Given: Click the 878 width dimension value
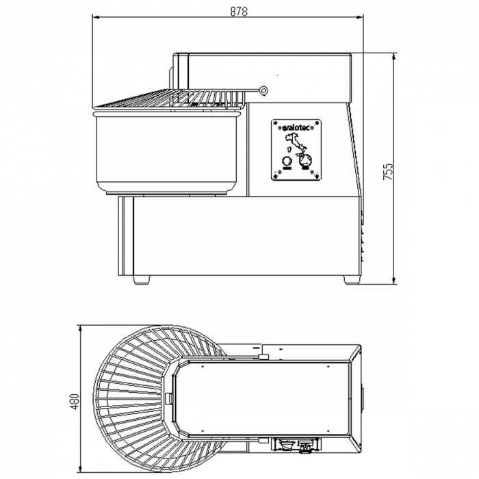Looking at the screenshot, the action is (239, 12).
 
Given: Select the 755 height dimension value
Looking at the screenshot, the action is (387, 171).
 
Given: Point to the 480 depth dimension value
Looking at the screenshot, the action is (75, 401).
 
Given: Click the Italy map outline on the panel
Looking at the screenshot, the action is (295, 144).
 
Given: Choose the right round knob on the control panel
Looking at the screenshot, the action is (305, 160).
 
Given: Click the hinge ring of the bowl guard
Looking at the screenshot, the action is (263, 90).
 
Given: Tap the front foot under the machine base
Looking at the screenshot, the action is (142, 280).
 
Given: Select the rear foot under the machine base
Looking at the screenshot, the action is (351, 280).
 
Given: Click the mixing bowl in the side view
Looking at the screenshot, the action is (168, 153).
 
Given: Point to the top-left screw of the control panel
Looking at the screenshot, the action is (275, 123).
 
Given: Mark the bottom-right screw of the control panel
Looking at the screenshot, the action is (317, 177).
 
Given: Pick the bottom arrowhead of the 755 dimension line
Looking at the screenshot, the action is (393, 281).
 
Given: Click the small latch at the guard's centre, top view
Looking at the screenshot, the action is (168, 398).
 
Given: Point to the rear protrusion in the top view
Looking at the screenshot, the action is (362, 399).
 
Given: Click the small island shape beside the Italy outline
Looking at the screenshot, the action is (288, 149).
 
